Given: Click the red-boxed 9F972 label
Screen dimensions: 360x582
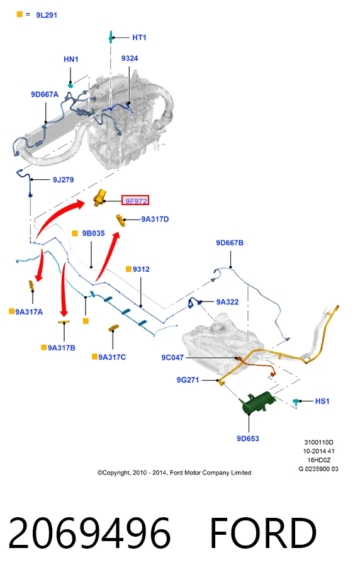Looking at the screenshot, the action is pos(135,201).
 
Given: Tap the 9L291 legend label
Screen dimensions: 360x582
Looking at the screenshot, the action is pos(47,15).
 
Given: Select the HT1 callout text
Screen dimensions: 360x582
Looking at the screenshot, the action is pos(139,38).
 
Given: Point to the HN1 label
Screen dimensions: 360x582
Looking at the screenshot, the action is pos(71,59).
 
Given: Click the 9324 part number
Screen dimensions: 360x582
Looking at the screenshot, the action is pos(130,59).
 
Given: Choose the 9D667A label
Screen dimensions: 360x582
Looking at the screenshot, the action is pos(45,94).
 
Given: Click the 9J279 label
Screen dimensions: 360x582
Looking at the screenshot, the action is pos(63,180).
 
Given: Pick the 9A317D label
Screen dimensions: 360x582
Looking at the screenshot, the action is pos(155,220).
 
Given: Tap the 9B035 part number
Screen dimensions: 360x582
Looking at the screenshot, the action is pos(94,233).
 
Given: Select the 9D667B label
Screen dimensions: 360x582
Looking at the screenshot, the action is pos(230,243).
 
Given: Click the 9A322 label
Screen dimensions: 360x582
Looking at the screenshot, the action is pos(227,302).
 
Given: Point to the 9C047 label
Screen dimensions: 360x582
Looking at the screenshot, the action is pos(172,357).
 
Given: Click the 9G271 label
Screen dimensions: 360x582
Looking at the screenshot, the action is pos(188,379).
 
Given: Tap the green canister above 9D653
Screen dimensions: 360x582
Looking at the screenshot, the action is pos(257,402).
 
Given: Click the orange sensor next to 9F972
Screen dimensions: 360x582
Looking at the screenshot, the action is pos(99,198).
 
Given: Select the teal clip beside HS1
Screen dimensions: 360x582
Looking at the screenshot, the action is pos(296,401).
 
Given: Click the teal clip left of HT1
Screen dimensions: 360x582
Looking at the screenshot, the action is pos(111,37).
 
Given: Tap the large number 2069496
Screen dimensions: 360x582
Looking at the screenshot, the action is pos(89,533).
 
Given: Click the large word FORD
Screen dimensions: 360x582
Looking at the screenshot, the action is pos(263,533).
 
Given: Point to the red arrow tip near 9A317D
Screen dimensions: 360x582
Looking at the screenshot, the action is pos(118,233).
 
